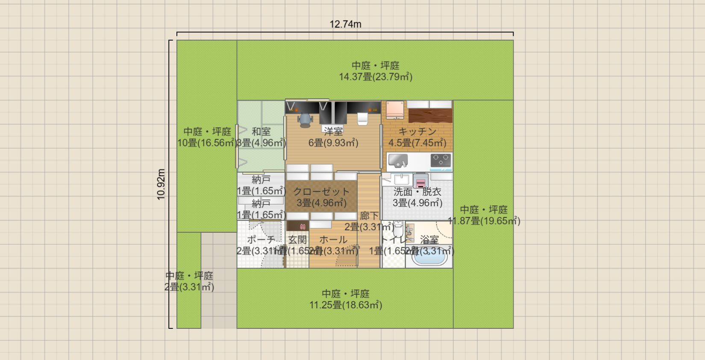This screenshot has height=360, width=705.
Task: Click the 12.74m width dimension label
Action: coord(345,24)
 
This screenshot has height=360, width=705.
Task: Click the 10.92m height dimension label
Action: coord(161,184)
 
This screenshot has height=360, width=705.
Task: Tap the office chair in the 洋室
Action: coord(305,120)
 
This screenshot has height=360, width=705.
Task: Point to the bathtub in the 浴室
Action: coord(429,258)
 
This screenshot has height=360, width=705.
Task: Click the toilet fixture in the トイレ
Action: coord(398,228)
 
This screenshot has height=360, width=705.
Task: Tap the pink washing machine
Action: coord(420,181)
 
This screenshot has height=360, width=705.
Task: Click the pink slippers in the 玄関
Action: coord(303,226)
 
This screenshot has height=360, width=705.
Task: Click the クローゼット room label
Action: coord(321,192)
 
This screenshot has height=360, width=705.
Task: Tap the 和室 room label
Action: coord(261,132)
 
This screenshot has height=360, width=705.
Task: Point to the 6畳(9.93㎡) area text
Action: coord(333,143)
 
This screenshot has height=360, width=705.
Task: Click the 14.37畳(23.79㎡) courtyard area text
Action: coord(376,77)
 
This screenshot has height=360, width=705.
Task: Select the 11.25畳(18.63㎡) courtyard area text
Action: coord(346,305)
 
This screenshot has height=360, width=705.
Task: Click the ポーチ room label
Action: coord(261,240)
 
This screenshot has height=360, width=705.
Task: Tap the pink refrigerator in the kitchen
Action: coord(395,110)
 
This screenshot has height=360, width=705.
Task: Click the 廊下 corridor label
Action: coord(369,216)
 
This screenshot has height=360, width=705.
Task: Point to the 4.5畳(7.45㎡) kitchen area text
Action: coord(417,143)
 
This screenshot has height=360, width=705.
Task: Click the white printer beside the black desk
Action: coord(362,119)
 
